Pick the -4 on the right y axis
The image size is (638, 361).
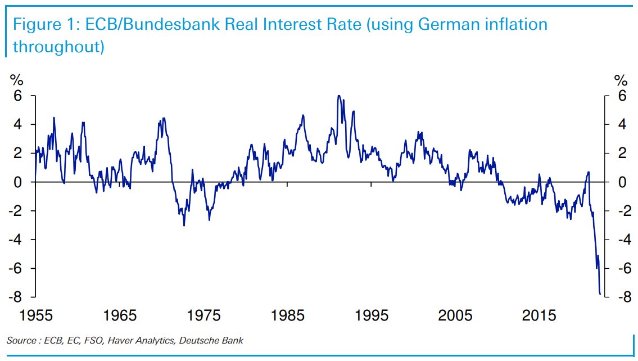618,240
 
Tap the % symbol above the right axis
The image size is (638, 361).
621,80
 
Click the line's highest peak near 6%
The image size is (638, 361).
338,96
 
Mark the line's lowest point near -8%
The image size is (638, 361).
600,294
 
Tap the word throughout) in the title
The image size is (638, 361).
58,46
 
